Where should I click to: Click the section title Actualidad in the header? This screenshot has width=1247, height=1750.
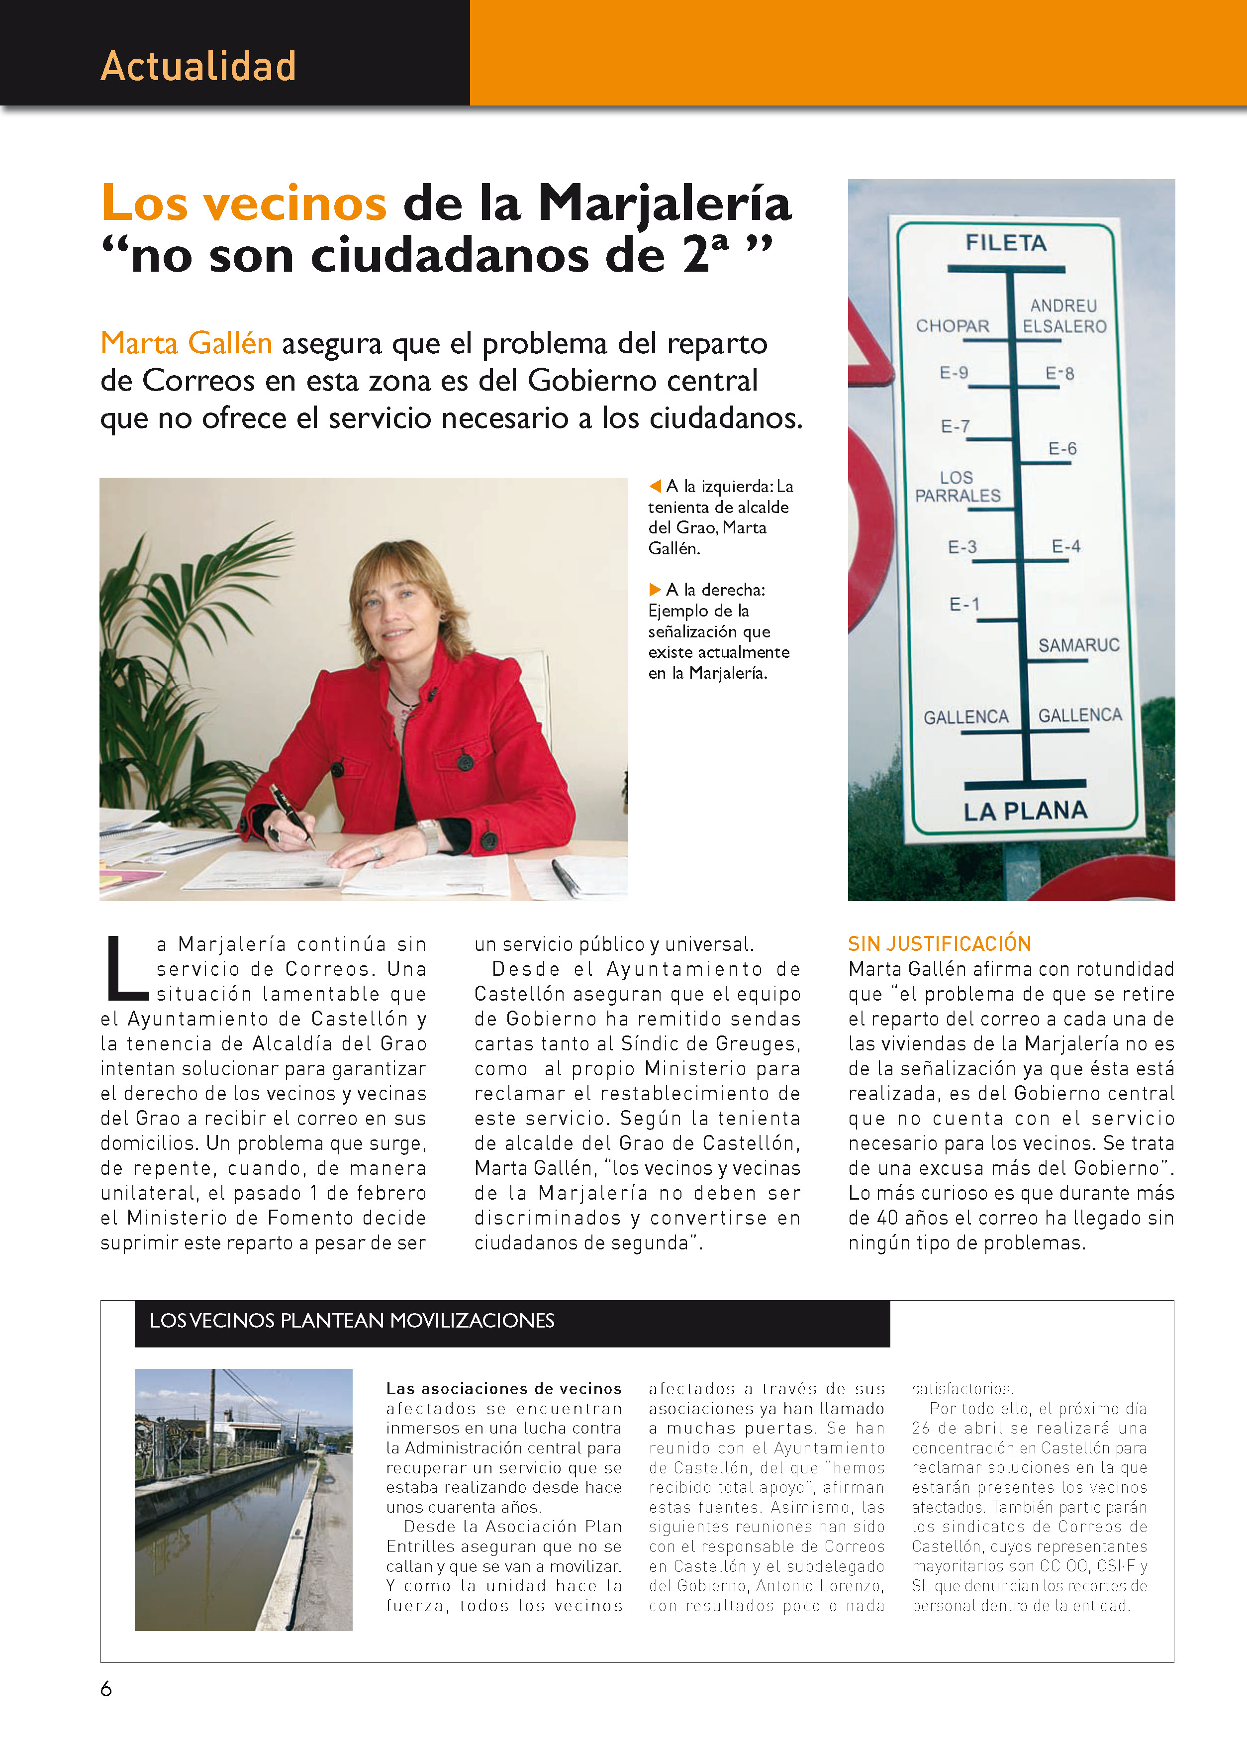(198, 66)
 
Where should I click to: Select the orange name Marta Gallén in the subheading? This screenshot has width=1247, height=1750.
(187, 343)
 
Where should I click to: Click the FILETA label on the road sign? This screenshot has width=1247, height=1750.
(1006, 243)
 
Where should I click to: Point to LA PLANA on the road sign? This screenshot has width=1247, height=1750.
(1025, 811)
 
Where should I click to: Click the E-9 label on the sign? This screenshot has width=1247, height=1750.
(954, 373)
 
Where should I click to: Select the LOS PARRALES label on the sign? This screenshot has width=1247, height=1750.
(958, 487)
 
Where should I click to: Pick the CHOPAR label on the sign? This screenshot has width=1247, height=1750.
(952, 326)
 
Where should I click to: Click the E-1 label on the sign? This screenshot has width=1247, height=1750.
(964, 605)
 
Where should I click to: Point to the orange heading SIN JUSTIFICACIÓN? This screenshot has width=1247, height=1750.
(939, 943)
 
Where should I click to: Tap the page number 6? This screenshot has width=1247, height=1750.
(106, 1688)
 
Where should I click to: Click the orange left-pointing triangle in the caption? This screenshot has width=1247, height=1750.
(655, 486)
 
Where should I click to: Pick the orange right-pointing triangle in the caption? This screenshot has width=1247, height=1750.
(655, 590)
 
